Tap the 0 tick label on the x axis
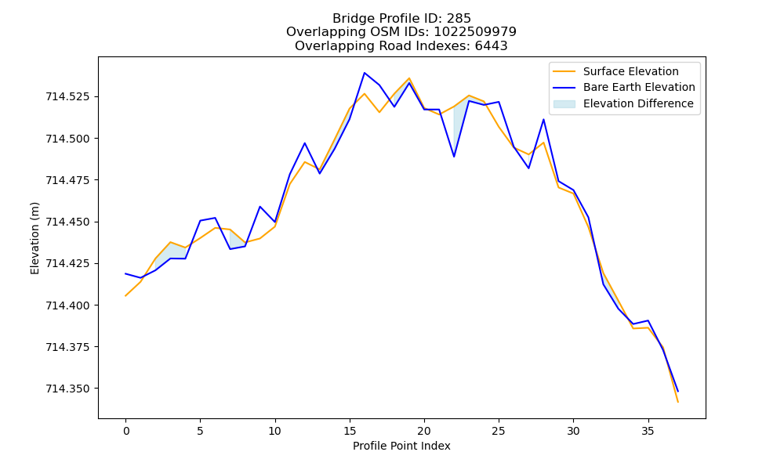[x=125, y=431]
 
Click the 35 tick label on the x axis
[x=648, y=431]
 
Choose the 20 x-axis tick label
[x=424, y=431]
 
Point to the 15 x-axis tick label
[x=350, y=431]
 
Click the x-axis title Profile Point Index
[x=401, y=446]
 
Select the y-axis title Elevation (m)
[x=34, y=238]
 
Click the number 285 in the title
[x=459, y=19]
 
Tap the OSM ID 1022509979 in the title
[x=475, y=32]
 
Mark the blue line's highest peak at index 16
[x=365, y=73]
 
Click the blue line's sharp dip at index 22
[x=454, y=157]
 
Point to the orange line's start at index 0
[x=125, y=295]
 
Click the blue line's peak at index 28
[x=543, y=119]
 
